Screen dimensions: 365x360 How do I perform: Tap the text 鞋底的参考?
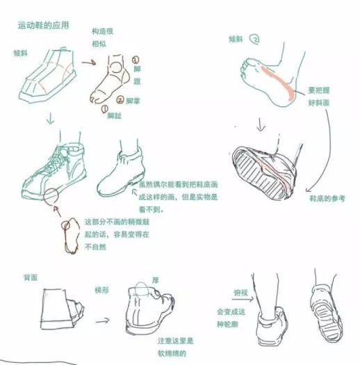click(327, 199)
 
